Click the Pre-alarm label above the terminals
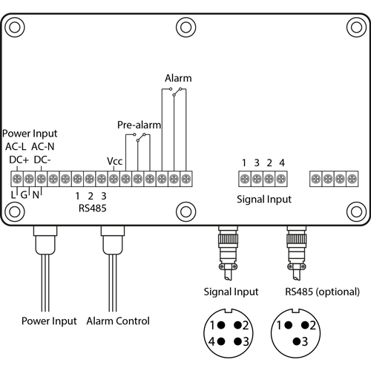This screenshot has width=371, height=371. coord(139,125)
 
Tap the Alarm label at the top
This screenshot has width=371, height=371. coord(177,78)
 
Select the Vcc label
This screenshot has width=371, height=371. coord(114,160)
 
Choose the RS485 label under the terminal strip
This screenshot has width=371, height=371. coord(91,209)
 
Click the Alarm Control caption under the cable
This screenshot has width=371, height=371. coord(117,321)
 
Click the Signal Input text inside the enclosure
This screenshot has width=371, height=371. coord(264,199)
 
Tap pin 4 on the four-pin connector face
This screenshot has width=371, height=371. coord(213,342)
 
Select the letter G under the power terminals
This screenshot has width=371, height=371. coord(24,194)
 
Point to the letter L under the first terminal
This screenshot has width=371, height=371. coord(13,194)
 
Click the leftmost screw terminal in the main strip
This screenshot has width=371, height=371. coord(16,179)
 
